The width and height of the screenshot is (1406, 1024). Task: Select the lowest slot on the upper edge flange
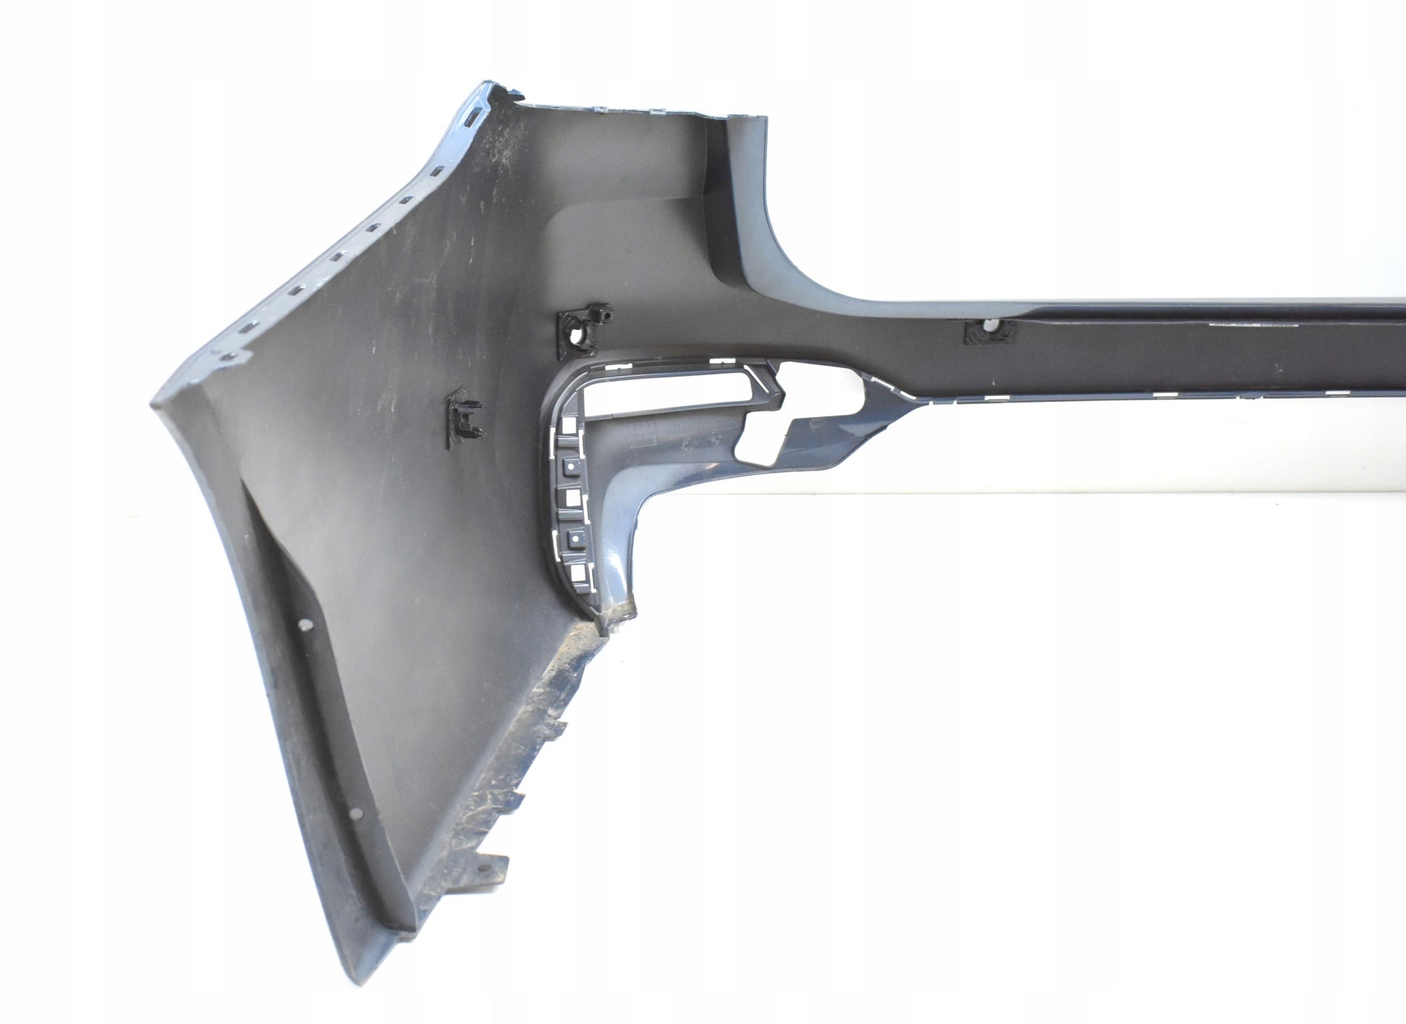tap(229, 355)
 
